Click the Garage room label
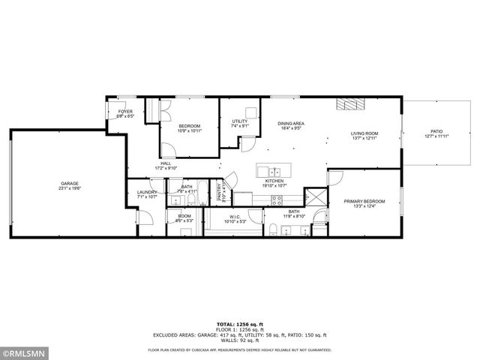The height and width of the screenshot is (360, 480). coord(70,184)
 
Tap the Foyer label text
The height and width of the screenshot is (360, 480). coord(125,112)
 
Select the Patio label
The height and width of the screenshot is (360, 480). coord(436,130)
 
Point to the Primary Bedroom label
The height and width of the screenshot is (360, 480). coord(364,201)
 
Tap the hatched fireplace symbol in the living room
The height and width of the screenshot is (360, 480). coord(349,104)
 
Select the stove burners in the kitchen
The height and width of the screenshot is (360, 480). coord(276,200)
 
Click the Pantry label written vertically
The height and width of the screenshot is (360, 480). coord(220,192)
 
